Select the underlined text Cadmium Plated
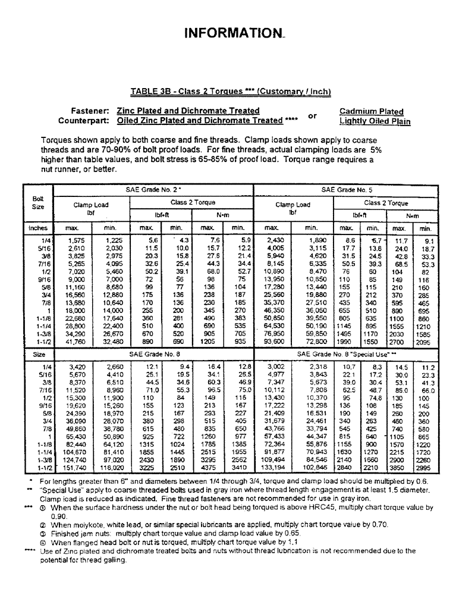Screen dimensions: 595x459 point(371,111)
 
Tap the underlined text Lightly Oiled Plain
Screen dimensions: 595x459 point(375,121)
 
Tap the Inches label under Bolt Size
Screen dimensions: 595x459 point(37,228)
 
